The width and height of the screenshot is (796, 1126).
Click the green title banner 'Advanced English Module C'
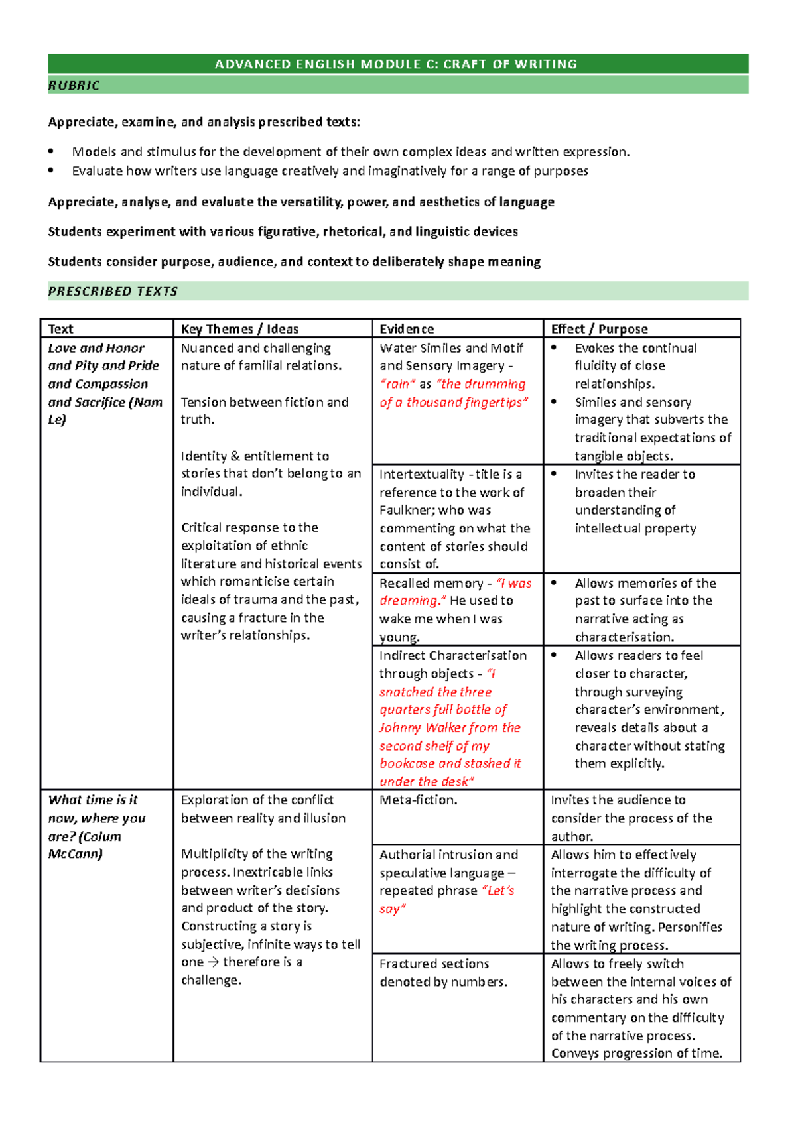pyautogui.click(x=397, y=64)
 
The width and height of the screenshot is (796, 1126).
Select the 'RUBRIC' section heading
pyautogui.click(x=74, y=85)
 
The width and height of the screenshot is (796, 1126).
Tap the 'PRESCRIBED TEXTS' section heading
pyautogui.click(x=113, y=292)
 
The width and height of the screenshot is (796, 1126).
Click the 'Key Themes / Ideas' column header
pyautogui.click(x=239, y=329)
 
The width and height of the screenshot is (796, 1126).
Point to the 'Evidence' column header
pyautogui.click(x=407, y=329)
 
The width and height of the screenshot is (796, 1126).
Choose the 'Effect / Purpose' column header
pyautogui.click(x=599, y=329)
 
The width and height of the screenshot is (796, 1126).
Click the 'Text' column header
pyautogui.click(x=60, y=329)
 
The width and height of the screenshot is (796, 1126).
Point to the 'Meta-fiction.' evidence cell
pyautogui.click(x=418, y=800)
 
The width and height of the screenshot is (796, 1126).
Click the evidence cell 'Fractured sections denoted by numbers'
pyautogui.click(x=442, y=973)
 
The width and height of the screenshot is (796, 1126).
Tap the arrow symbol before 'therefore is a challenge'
pyautogui.click(x=213, y=962)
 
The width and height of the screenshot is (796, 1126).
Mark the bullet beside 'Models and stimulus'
pyautogui.click(x=51, y=152)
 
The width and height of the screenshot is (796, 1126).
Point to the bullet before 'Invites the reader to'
pyautogui.click(x=555, y=474)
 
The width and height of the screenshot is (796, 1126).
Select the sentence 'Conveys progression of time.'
pyautogui.click(x=636, y=1054)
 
